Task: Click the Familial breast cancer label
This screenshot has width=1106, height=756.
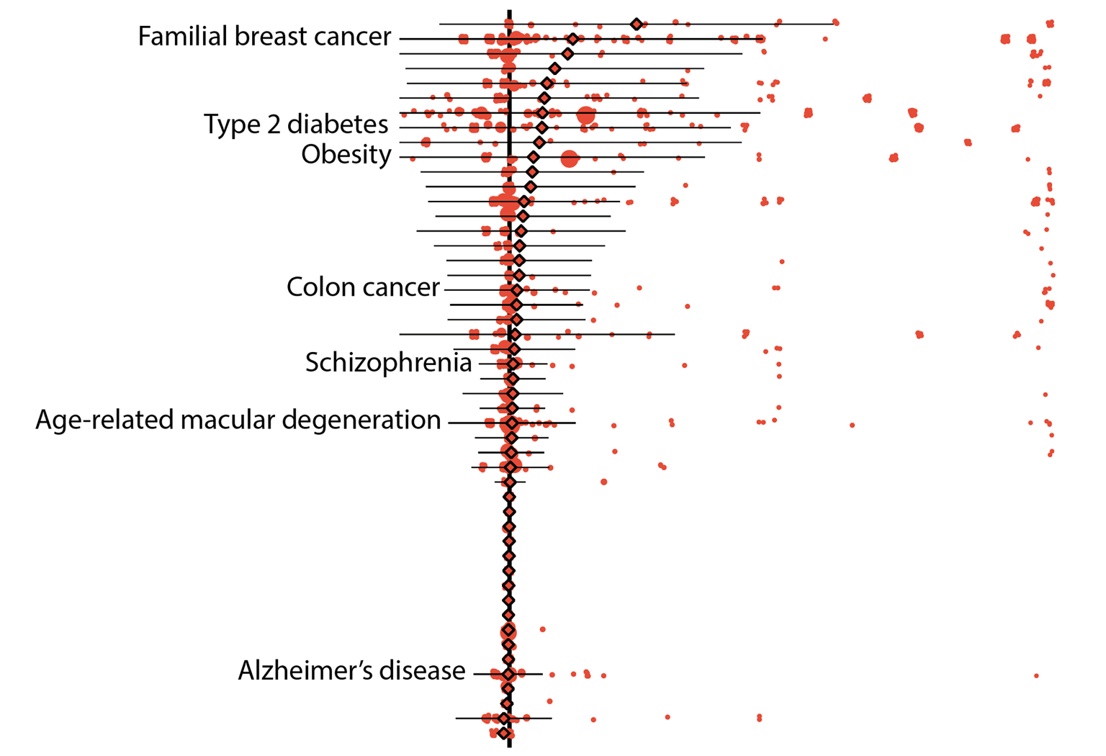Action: click(264, 37)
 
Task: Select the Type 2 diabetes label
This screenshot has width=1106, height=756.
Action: click(296, 125)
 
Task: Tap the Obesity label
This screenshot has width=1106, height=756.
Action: click(346, 155)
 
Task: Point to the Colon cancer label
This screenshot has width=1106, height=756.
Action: click(362, 287)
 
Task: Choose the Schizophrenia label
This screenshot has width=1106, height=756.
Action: click(388, 362)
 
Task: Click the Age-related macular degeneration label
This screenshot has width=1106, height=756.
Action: click(238, 420)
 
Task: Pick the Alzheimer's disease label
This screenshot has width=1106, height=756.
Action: click(351, 671)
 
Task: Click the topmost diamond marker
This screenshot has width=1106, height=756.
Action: click(636, 24)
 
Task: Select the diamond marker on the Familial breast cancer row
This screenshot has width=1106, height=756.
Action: click(572, 39)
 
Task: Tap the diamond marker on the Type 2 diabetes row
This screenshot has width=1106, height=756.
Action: click(541, 113)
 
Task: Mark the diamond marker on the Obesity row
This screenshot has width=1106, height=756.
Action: click(533, 158)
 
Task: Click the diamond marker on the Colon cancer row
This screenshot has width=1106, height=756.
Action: click(516, 290)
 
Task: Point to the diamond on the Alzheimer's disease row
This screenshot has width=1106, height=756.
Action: click(508, 675)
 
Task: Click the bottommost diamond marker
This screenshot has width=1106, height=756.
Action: click(504, 734)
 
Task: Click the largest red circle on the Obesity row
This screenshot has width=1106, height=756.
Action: click(569, 158)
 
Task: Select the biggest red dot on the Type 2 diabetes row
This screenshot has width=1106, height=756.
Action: click(585, 114)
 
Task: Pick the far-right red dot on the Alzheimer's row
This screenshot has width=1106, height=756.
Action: click(1036, 675)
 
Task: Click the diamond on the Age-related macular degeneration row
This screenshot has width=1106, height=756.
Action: click(511, 423)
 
